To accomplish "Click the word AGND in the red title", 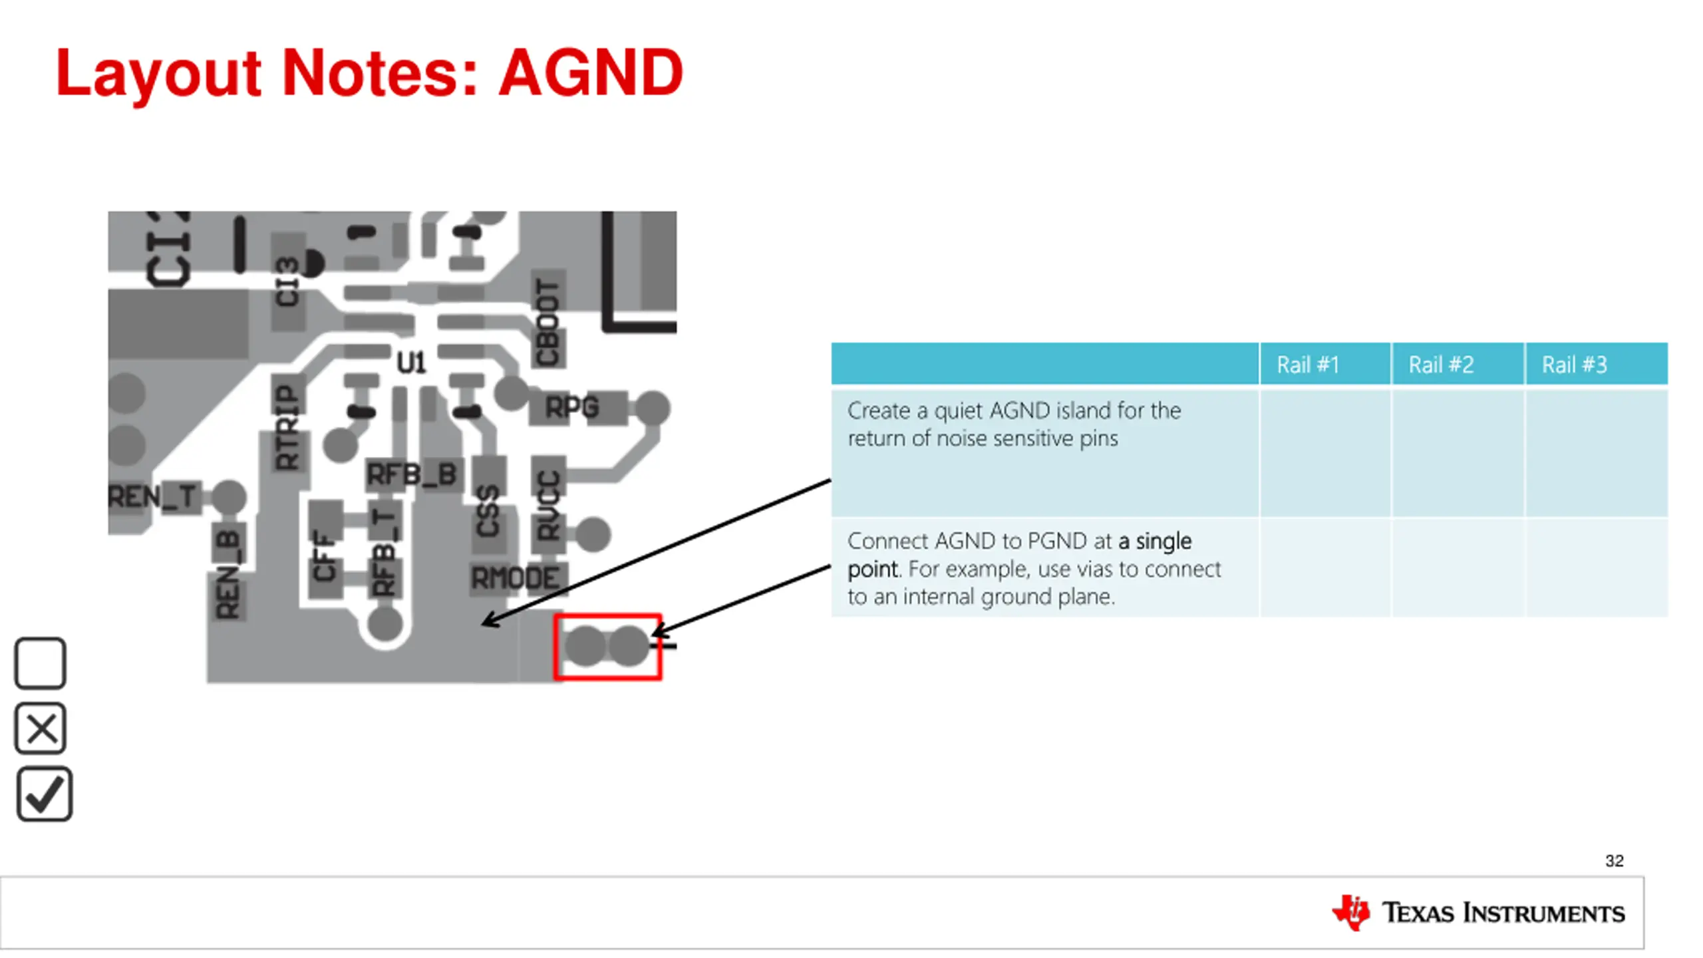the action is [591, 73].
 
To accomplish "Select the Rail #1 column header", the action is [1307, 365].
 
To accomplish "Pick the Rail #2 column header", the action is [1441, 365].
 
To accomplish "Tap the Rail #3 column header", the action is [1574, 365].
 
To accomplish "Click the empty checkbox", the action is [40, 663].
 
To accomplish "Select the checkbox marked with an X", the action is [41, 728].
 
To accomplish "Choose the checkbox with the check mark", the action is [44, 794].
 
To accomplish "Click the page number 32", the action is [1614, 861].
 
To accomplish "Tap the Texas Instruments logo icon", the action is [1350, 912].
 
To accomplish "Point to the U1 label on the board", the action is [411, 363].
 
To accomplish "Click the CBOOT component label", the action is [548, 322].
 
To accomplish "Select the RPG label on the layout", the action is [572, 407].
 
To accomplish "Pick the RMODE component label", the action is [516, 577].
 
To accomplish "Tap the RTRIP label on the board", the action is [288, 427].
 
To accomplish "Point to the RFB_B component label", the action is [412, 474].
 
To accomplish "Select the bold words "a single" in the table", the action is [1154, 541].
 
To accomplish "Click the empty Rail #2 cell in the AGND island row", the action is [1457, 452].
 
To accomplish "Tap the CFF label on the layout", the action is [325, 555].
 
